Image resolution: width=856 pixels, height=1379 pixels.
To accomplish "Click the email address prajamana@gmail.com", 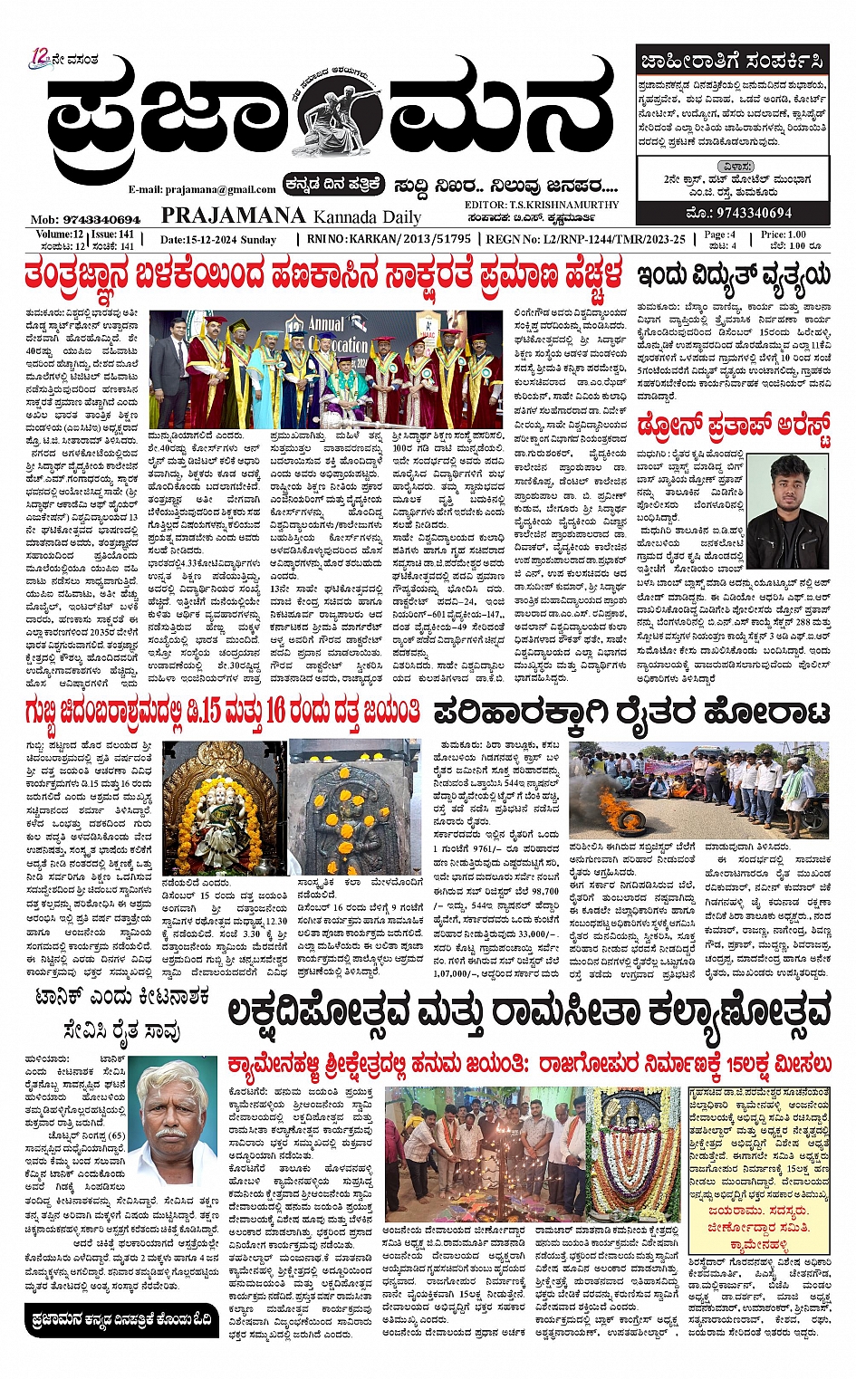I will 201,189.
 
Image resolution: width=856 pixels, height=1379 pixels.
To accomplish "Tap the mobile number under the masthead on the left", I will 86,219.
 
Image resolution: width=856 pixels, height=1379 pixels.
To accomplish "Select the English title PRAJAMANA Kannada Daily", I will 291,215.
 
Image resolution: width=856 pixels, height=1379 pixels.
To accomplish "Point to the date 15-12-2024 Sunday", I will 218,239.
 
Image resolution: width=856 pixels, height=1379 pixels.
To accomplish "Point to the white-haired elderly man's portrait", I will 175,1110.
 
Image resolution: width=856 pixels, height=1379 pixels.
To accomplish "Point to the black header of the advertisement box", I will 731,62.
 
